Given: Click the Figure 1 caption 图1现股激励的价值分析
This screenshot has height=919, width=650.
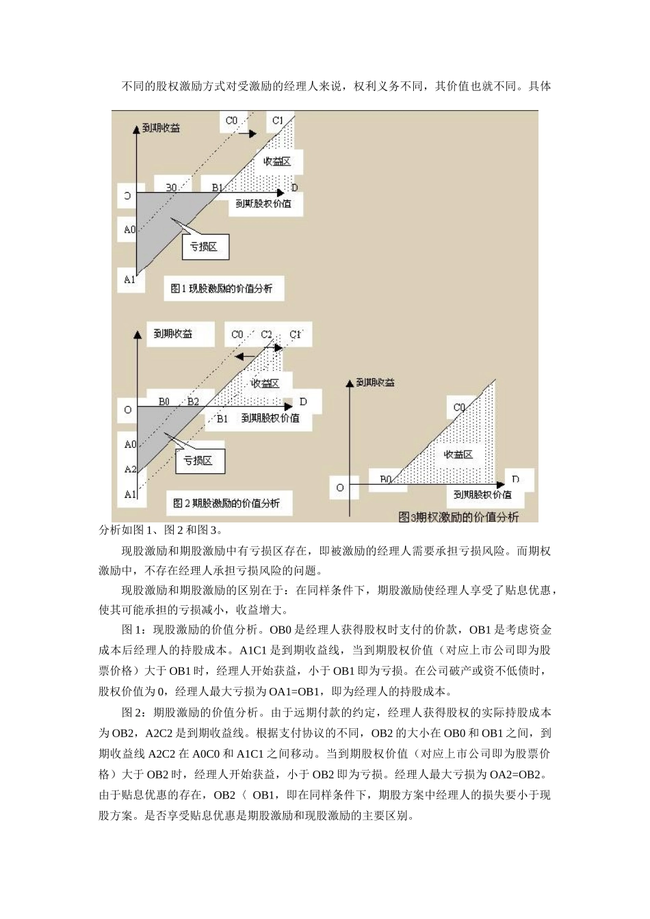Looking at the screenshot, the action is coord(222,289).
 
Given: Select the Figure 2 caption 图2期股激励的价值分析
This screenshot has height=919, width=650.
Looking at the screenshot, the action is coord(226,503).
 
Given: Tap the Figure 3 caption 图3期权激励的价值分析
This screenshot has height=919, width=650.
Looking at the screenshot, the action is coord(458,517).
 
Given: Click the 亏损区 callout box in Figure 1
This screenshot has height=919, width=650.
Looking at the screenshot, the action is coord(204,247).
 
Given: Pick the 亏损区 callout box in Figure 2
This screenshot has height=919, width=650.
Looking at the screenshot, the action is coord(198,461).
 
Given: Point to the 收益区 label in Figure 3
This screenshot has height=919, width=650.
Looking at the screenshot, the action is coord(458,455).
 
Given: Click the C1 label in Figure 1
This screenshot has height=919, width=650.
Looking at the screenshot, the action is coord(278,121).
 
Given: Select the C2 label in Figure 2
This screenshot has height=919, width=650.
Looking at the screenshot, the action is coord(267,334).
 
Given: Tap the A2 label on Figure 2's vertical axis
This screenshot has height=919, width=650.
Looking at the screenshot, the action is coord(130,470).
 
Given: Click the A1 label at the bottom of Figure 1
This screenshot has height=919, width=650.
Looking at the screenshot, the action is coord(130,279).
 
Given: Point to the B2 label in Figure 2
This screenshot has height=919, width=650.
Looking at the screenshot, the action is coord(194,401).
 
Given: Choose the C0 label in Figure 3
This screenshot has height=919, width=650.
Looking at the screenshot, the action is coord(459,408).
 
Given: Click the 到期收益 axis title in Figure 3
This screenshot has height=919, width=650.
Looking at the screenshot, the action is coord(376,382).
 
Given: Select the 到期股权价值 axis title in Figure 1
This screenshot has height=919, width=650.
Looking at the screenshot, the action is coord(263,204).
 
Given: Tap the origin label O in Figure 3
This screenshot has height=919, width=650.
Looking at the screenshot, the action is coord(340,488).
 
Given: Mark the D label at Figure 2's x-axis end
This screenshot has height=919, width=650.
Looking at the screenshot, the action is coord(303,401).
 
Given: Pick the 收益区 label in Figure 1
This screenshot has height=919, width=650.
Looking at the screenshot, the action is coord(277,161).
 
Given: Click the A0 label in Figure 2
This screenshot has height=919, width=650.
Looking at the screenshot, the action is coord(130,444).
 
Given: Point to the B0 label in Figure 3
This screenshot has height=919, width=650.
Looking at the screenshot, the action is coord(385,479).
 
